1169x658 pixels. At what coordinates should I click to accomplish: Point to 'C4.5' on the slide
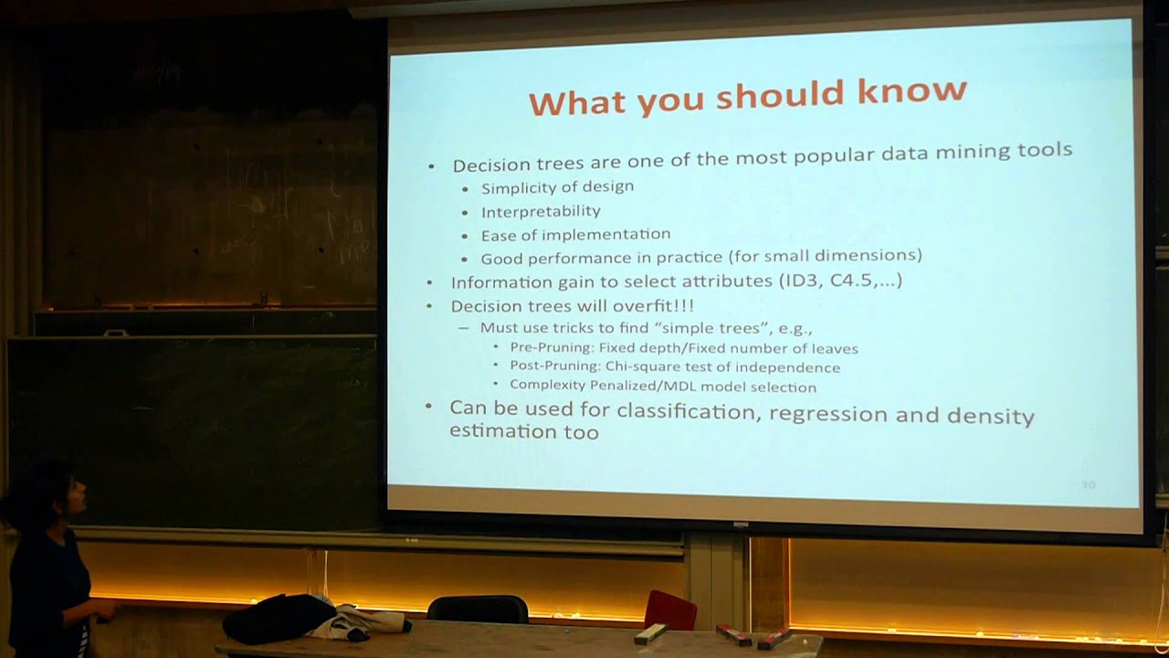[850, 280]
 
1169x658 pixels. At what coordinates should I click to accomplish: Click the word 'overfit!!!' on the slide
[651, 305]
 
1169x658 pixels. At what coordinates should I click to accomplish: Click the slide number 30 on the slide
[1088, 484]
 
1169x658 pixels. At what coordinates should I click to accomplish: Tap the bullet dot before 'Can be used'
[429, 407]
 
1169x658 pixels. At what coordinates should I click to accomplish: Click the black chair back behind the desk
[478, 609]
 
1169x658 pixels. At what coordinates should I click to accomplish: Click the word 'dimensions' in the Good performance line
[876, 255]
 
